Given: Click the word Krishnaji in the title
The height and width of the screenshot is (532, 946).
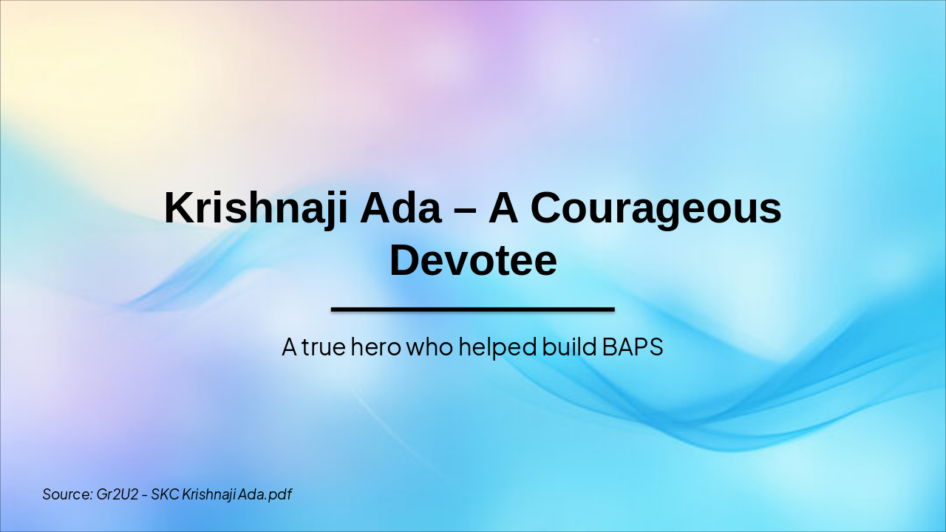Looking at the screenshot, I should pyautogui.click(x=256, y=208).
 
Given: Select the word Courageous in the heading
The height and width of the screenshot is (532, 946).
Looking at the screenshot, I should pyautogui.click(x=656, y=209).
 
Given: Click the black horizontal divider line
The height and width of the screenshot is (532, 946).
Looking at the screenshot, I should pyautogui.click(x=473, y=309).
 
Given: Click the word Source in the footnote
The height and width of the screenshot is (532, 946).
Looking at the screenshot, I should pyautogui.click(x=67, y=494).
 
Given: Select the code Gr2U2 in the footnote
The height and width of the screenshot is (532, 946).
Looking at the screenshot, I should pyautogui.click(x=118, y=494).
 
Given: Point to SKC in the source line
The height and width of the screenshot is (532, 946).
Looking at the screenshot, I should pyautogui.click(x=165, y=494).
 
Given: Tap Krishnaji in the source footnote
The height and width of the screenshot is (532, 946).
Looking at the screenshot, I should pyautogui.click(x=209, y=494).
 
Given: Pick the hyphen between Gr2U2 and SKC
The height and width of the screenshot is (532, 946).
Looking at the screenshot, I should pyautogui.click(x=145, y=495).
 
